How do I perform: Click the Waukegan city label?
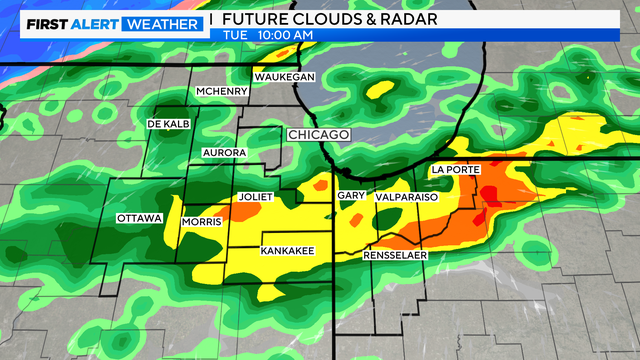284,77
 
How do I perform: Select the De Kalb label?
169,123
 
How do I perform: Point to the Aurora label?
223,152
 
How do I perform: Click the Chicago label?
317,134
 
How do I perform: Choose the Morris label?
202,222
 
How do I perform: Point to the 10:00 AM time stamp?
286,36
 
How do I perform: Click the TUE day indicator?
236,36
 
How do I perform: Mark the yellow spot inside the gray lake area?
379,92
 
